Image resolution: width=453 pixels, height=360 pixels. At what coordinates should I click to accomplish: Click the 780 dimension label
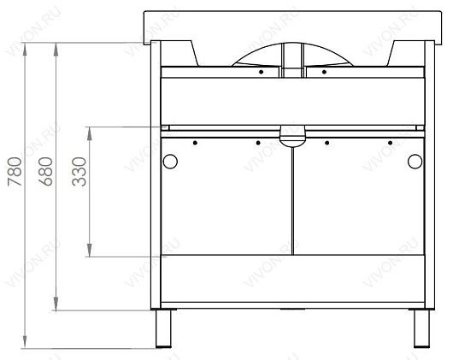(15, 171)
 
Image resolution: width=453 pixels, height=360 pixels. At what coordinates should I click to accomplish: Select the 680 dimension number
(45, 171)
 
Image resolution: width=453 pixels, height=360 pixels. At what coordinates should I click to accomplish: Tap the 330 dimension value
(79, 172)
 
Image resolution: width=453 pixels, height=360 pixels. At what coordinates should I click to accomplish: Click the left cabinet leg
(163, 328)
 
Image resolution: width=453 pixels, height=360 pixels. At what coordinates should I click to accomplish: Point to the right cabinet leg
(421, 328)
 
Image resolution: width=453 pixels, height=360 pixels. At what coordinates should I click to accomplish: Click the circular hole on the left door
(170, 162)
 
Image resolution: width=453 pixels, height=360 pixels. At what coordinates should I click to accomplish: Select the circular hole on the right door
(415, 162)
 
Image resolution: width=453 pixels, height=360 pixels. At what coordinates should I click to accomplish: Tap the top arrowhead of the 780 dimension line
(25, 49)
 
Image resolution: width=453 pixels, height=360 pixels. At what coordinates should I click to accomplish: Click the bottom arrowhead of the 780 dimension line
(25, 342)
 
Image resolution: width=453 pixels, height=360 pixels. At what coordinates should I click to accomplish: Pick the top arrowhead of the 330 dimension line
(90, 133)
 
